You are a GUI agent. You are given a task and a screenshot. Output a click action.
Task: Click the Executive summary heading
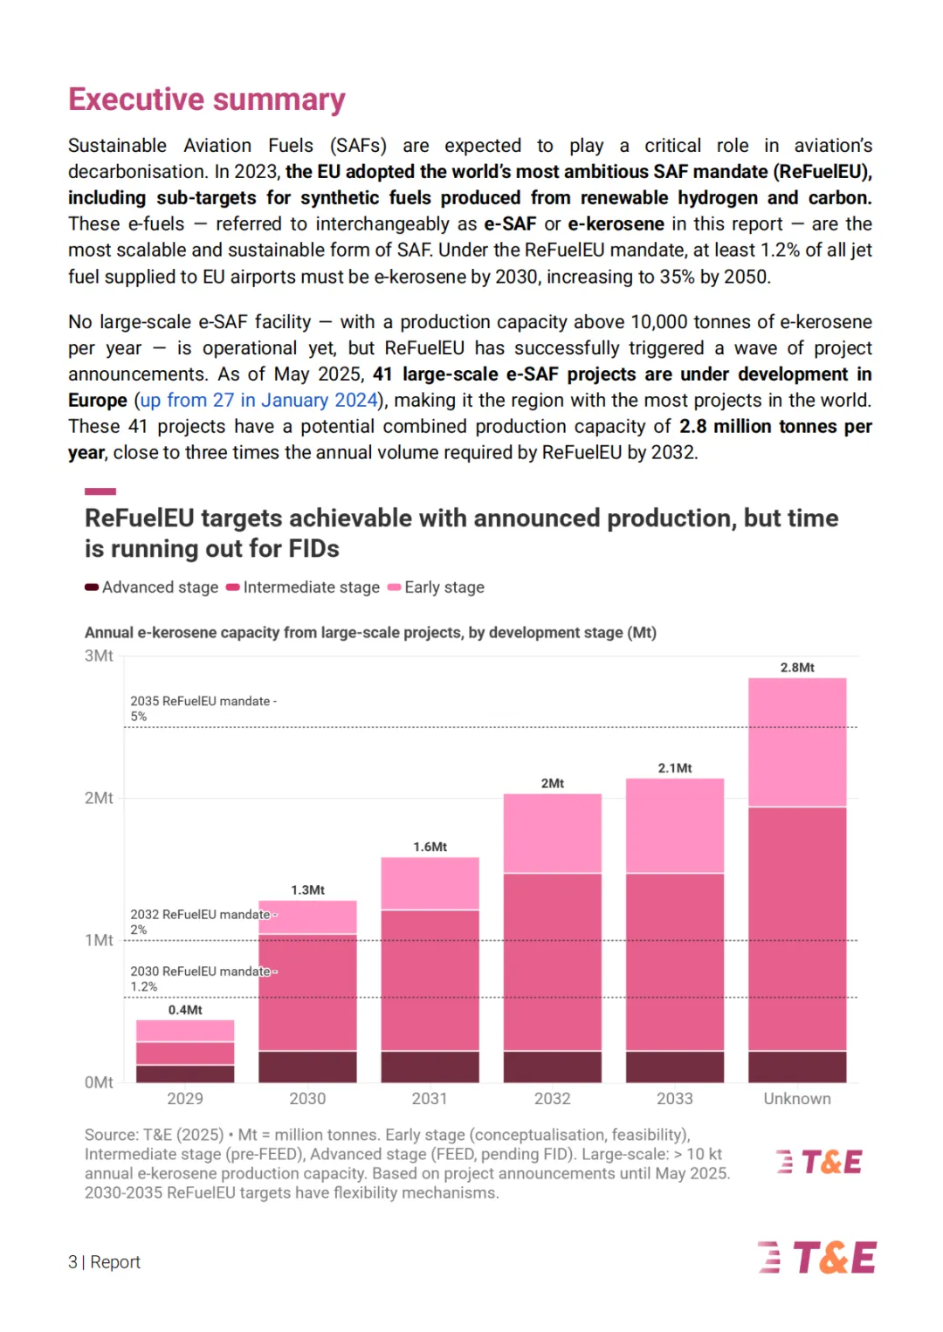[x=206, y=100]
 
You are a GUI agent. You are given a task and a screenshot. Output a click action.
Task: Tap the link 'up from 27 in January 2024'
[x=258, y=400]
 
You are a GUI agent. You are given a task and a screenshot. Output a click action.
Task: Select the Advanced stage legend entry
[x=152, y=587]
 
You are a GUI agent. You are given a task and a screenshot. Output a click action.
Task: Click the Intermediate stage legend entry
[x=303, y=587]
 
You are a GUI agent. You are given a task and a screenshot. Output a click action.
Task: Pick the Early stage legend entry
[x=436, y=587]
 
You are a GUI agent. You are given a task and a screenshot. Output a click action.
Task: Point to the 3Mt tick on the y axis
[x=99, y=656]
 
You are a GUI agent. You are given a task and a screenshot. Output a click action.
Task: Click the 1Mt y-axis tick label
[x=99, y=940]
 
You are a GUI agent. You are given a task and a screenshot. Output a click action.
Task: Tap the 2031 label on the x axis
[x=430, y=1098]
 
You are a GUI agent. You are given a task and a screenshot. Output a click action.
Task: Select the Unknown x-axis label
[x=797, y=1098]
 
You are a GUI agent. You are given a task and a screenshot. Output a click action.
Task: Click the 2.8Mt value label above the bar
[x=797, y=667]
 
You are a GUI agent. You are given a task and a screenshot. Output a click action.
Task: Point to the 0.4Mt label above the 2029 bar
[x=185, y=1010]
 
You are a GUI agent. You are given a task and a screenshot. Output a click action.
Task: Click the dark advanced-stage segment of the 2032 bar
[x=552, y=1067]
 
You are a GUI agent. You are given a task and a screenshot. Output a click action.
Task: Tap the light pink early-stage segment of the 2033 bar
[x=675, y=826]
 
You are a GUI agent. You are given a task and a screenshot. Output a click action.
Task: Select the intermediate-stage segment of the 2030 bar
[x=307, y=992]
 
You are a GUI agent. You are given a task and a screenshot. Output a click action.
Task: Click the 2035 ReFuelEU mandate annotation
[x=203, y=708]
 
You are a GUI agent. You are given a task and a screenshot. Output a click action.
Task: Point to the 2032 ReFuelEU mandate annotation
[x=203, y=922]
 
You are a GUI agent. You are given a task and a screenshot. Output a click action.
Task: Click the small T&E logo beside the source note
[x=819, y=1161]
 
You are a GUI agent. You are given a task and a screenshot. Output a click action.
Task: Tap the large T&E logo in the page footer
[x=816, y=1256]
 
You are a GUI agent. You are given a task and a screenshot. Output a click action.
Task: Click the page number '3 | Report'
[x=104, y=1262]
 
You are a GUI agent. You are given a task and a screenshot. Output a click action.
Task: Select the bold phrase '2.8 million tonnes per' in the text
[x=775, y=426]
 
